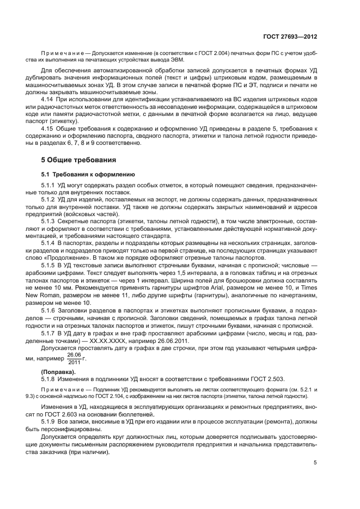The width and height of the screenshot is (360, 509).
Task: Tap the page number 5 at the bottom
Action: click(x=315, y=463)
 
